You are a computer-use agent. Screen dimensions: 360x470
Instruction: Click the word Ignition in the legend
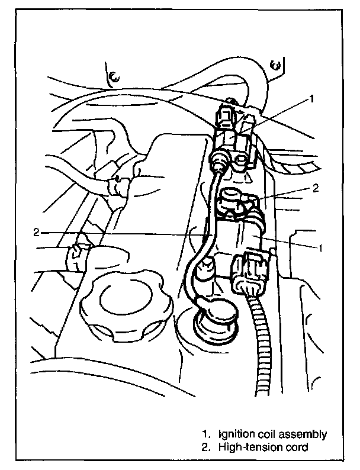click(x=235, y=434)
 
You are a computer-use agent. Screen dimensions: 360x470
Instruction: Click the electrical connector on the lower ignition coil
click(x=252, y=272)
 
